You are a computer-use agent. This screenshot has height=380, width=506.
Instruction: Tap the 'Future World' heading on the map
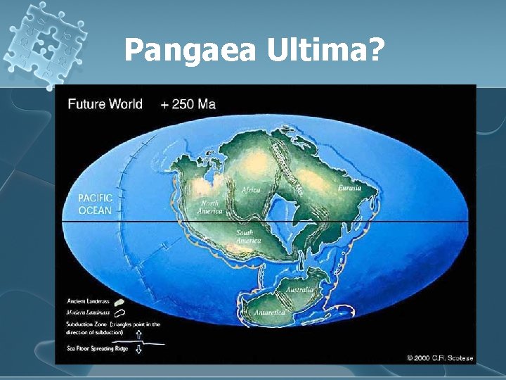pyautogui.click(x=105, y=104)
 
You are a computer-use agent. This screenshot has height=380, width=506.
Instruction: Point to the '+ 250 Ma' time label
pyautogui.click(x=188, y=104)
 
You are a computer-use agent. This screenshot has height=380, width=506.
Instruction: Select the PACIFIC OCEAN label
pyautogui.click(x=95, y=204)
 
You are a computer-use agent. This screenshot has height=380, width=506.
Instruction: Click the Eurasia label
pyautogui.click(x=349, y=188)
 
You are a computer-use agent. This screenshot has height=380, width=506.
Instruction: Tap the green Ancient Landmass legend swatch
pyautogui.click(x=119, y=301)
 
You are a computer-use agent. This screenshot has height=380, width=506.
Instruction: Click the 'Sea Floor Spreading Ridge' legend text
pyautogui.click(x=98, y=349)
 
